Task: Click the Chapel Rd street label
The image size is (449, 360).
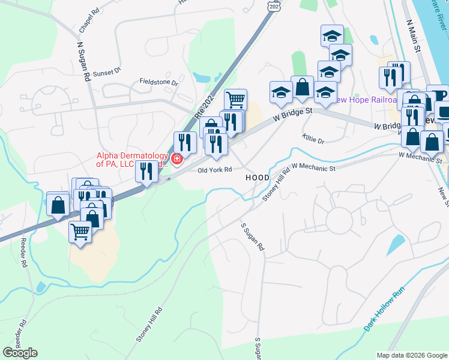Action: (89, 20)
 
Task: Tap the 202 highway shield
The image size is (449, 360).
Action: (274, 5)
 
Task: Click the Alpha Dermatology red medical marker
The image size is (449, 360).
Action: (177, 159)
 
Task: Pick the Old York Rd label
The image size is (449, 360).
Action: (215, 170)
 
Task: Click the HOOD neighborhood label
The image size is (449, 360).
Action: (258, 178)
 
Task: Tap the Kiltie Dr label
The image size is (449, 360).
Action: (313, 139)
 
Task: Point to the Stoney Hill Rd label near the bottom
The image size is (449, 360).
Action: (149, 325)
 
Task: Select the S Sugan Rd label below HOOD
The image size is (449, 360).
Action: (253, 238)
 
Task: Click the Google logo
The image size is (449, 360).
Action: (20, 352)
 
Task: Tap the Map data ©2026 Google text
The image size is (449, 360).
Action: (412, 355)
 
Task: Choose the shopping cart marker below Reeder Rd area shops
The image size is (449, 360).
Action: (80, 231)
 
